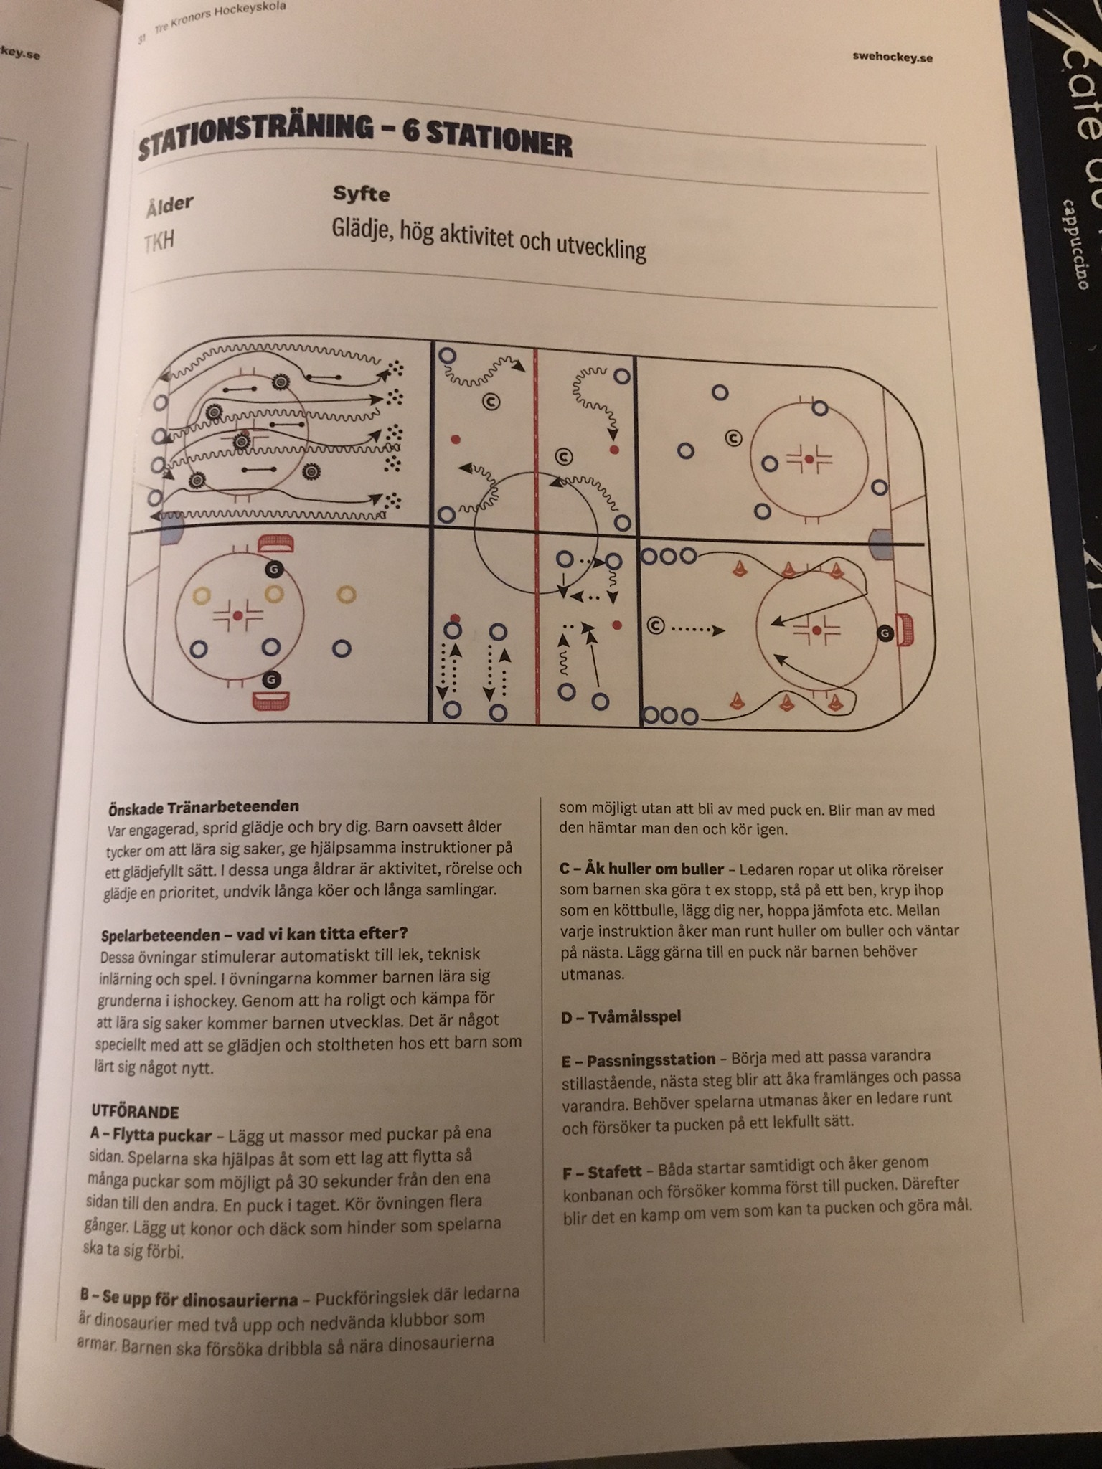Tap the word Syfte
361,194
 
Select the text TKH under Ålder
159,241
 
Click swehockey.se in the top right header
893,57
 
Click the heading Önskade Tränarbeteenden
203,807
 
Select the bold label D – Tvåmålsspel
621,1016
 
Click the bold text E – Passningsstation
639,1059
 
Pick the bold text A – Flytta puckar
151,1135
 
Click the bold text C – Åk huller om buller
641,869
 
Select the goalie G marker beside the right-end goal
886,633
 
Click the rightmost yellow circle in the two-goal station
347,594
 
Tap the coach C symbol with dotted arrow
655,626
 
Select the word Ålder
169,205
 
